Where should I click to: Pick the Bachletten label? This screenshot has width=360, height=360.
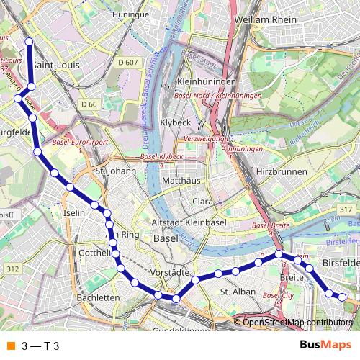click(98, 297)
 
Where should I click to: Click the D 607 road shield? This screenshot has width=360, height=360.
click(127, 63)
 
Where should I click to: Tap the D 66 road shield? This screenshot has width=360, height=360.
click(89, 104)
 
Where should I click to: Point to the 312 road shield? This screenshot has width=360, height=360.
click(13, 269)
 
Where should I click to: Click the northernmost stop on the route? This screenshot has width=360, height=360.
click(29, 42)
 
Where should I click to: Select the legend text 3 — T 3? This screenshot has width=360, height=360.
click(40, 346)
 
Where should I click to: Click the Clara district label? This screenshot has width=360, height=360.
click(202, 202)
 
